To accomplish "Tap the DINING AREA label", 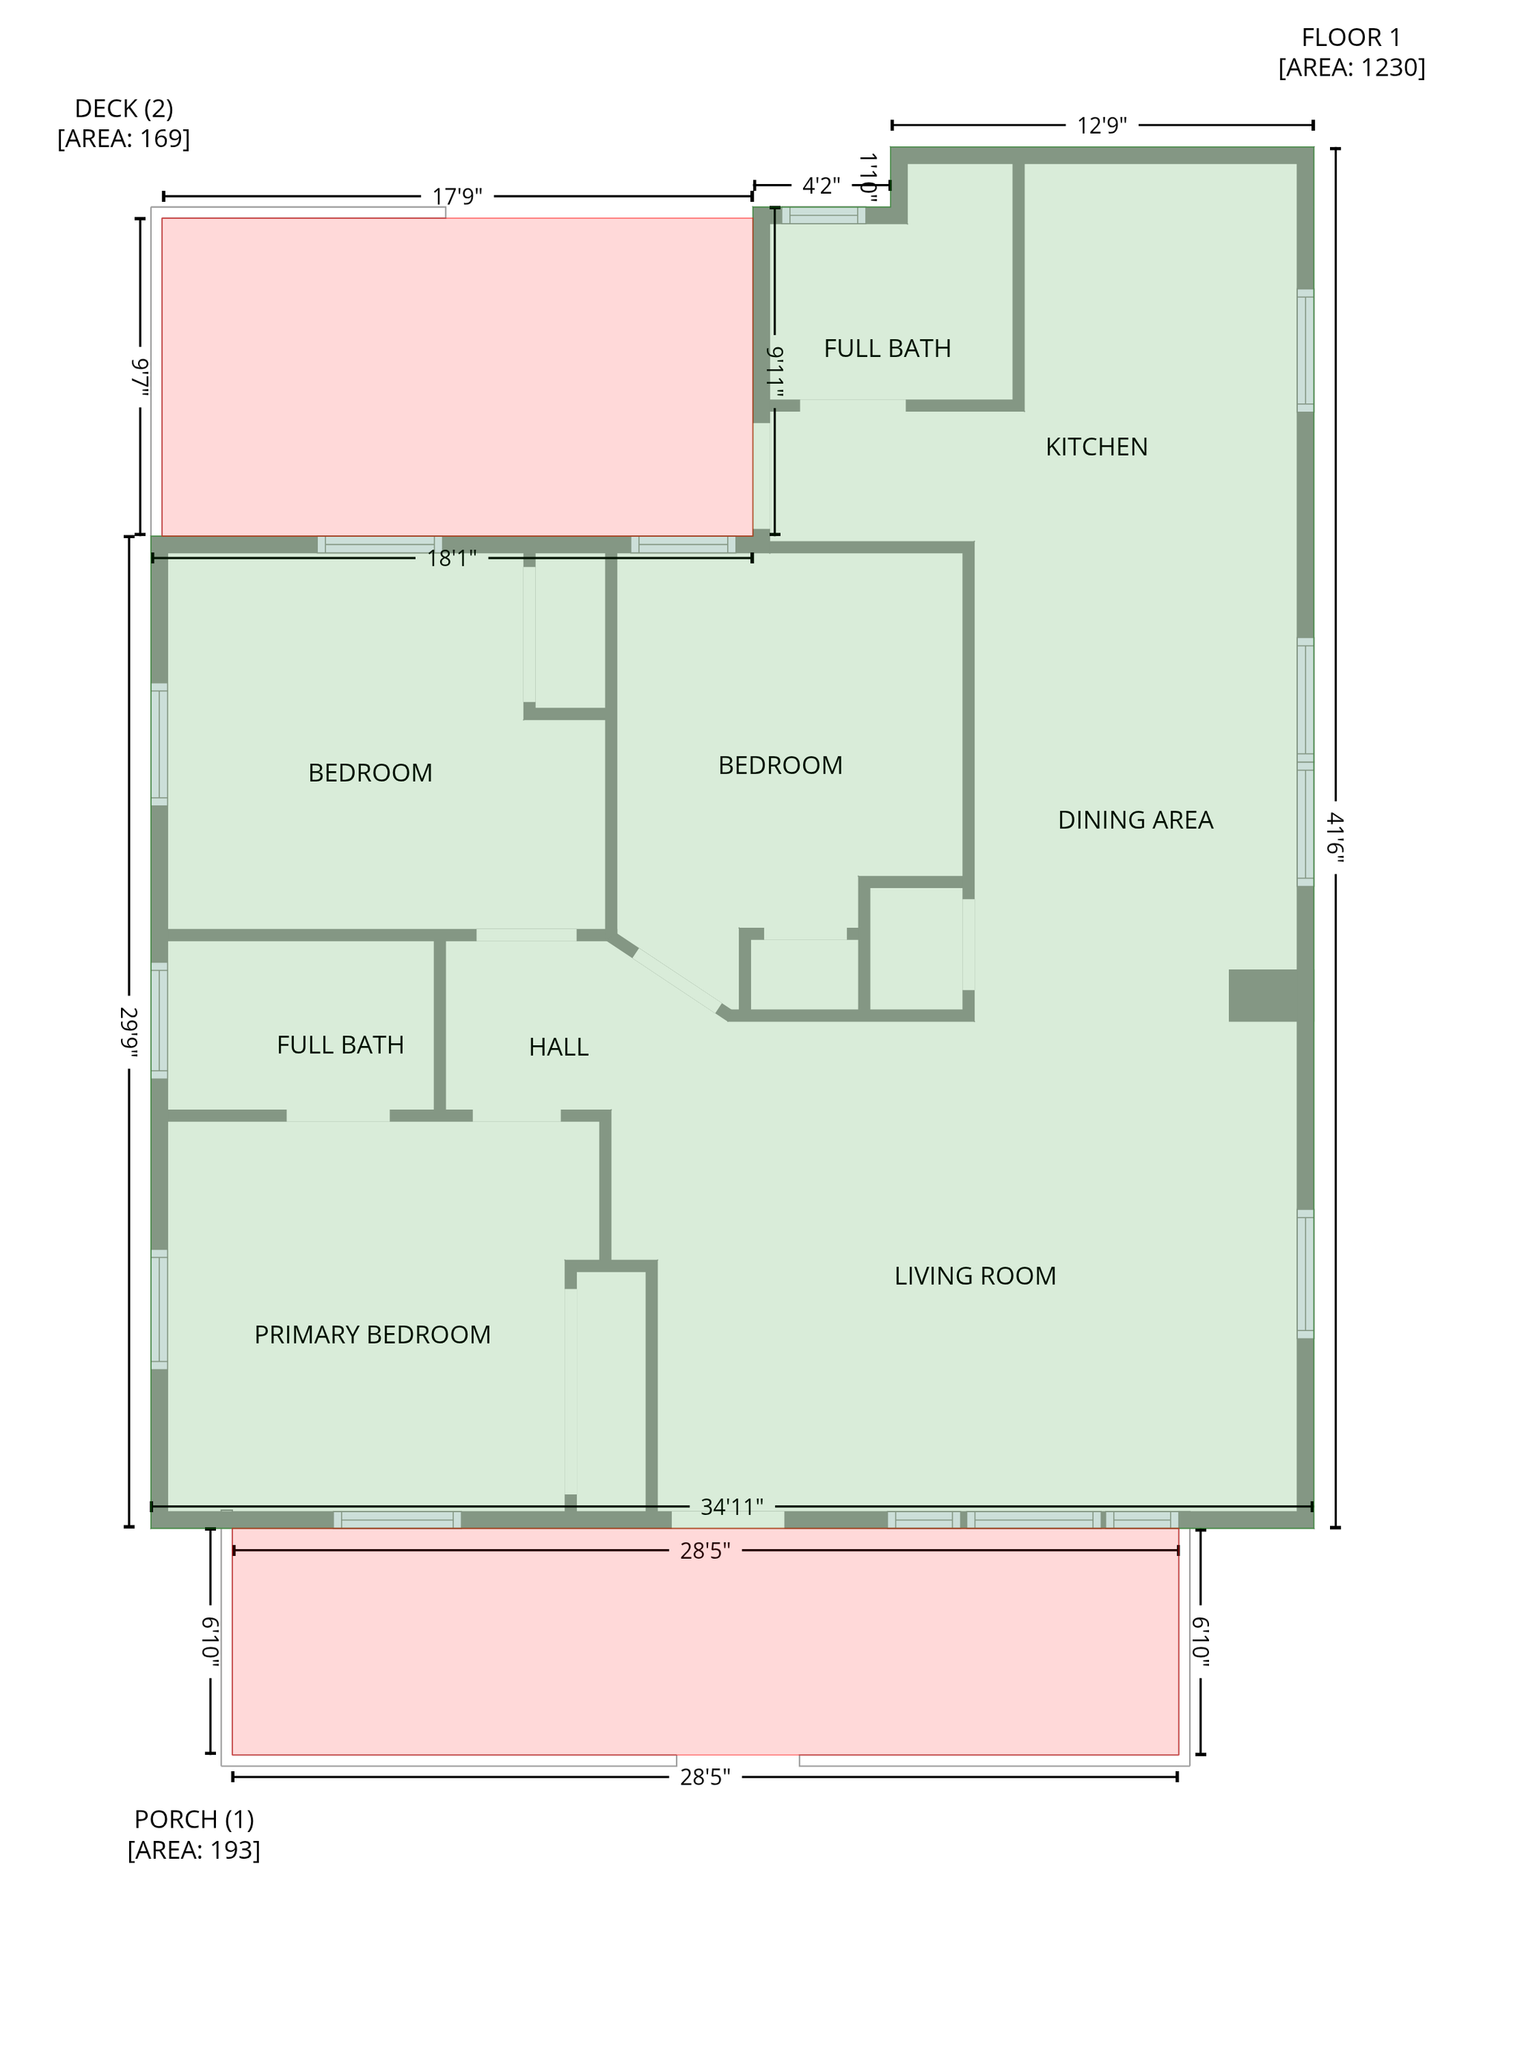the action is (1136, 820).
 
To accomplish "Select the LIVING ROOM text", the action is (975, 1276).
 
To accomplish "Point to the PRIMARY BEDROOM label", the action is (373, 1335).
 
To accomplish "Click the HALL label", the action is (559, 1047).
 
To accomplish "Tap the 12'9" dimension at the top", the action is (1102, 125).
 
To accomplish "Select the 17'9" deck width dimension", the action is (457, 197).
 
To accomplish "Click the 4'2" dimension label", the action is (822, 186).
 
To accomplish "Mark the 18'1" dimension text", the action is (452, 558).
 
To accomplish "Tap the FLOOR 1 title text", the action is (1351, 38).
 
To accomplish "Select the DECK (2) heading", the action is (124, 110).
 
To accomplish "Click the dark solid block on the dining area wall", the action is (1262, 995).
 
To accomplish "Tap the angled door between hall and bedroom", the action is (677, 980).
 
